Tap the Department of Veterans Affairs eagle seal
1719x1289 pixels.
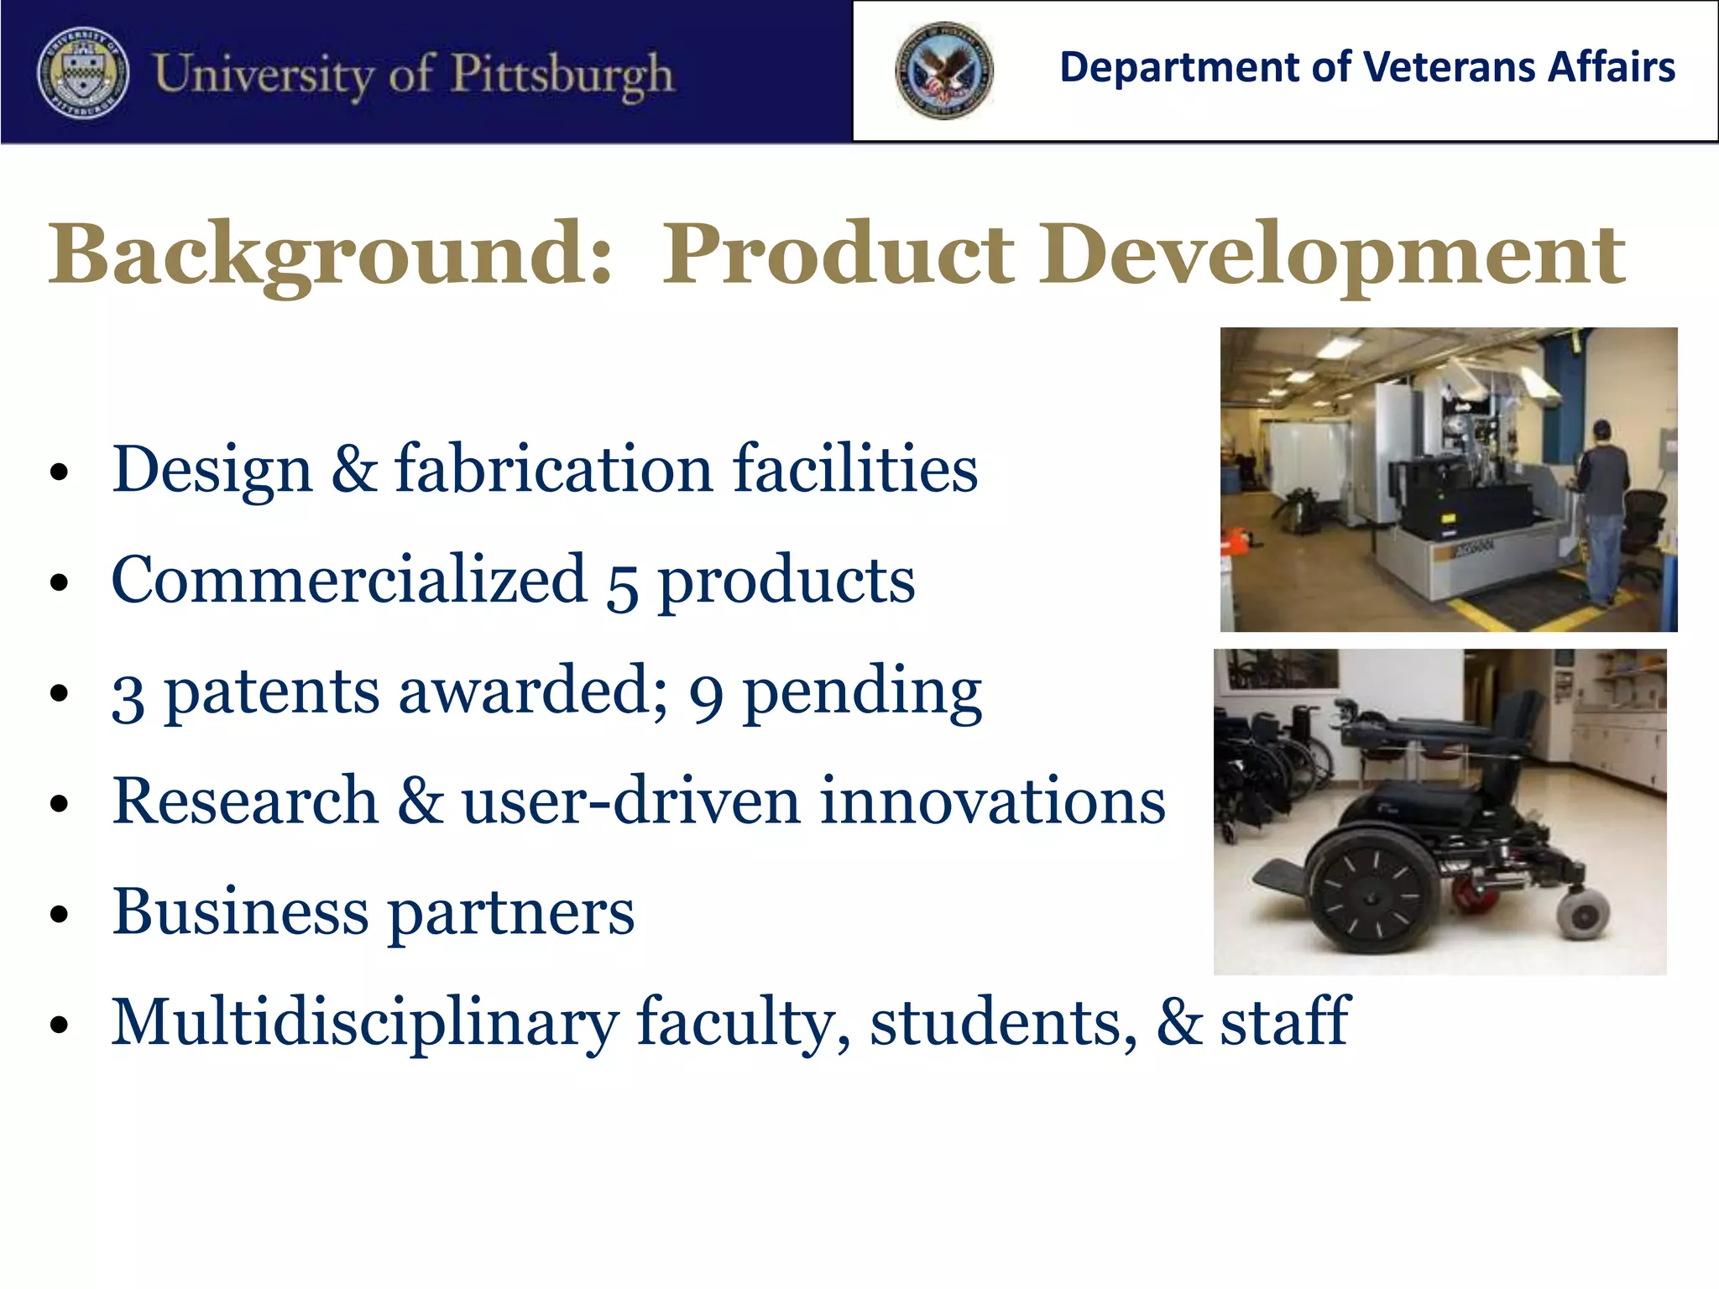pyautogui.click(x=943, y=70)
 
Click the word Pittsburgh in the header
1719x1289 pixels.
pyautogui.click(x=562, y=75)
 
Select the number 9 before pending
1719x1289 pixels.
pyautogui.click(x=706, y=696)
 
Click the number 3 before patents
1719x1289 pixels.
pyautogui.click(x=128, y=696)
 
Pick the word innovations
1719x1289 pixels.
pyautogui.click(x=992, y=801)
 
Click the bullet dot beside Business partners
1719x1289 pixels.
pyautogui.click(x=58, y=914)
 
